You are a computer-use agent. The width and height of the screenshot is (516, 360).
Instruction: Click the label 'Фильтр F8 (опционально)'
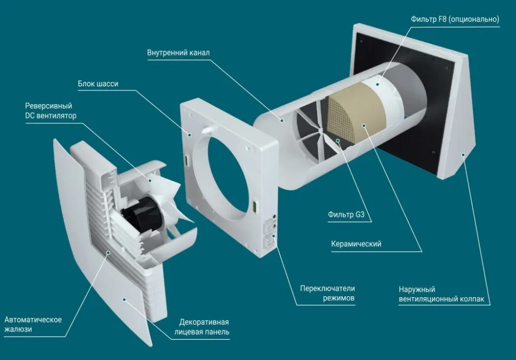455,20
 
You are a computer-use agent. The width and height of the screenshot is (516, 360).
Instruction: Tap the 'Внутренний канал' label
178,53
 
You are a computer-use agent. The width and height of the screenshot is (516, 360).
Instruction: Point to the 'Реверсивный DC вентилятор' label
48,110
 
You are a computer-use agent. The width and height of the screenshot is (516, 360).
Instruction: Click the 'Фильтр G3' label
349,216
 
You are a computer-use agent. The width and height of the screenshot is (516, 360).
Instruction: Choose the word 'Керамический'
356,244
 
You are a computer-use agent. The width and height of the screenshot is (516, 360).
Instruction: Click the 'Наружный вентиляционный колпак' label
441,294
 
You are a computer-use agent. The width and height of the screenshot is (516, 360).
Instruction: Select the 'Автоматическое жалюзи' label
33,324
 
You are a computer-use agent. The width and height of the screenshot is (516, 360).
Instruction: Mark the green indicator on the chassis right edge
255,205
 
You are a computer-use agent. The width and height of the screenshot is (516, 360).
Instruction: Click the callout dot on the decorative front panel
124,299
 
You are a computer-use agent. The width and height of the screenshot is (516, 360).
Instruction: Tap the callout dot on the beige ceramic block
363,125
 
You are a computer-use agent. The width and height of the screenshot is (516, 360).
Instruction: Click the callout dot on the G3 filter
337,141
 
